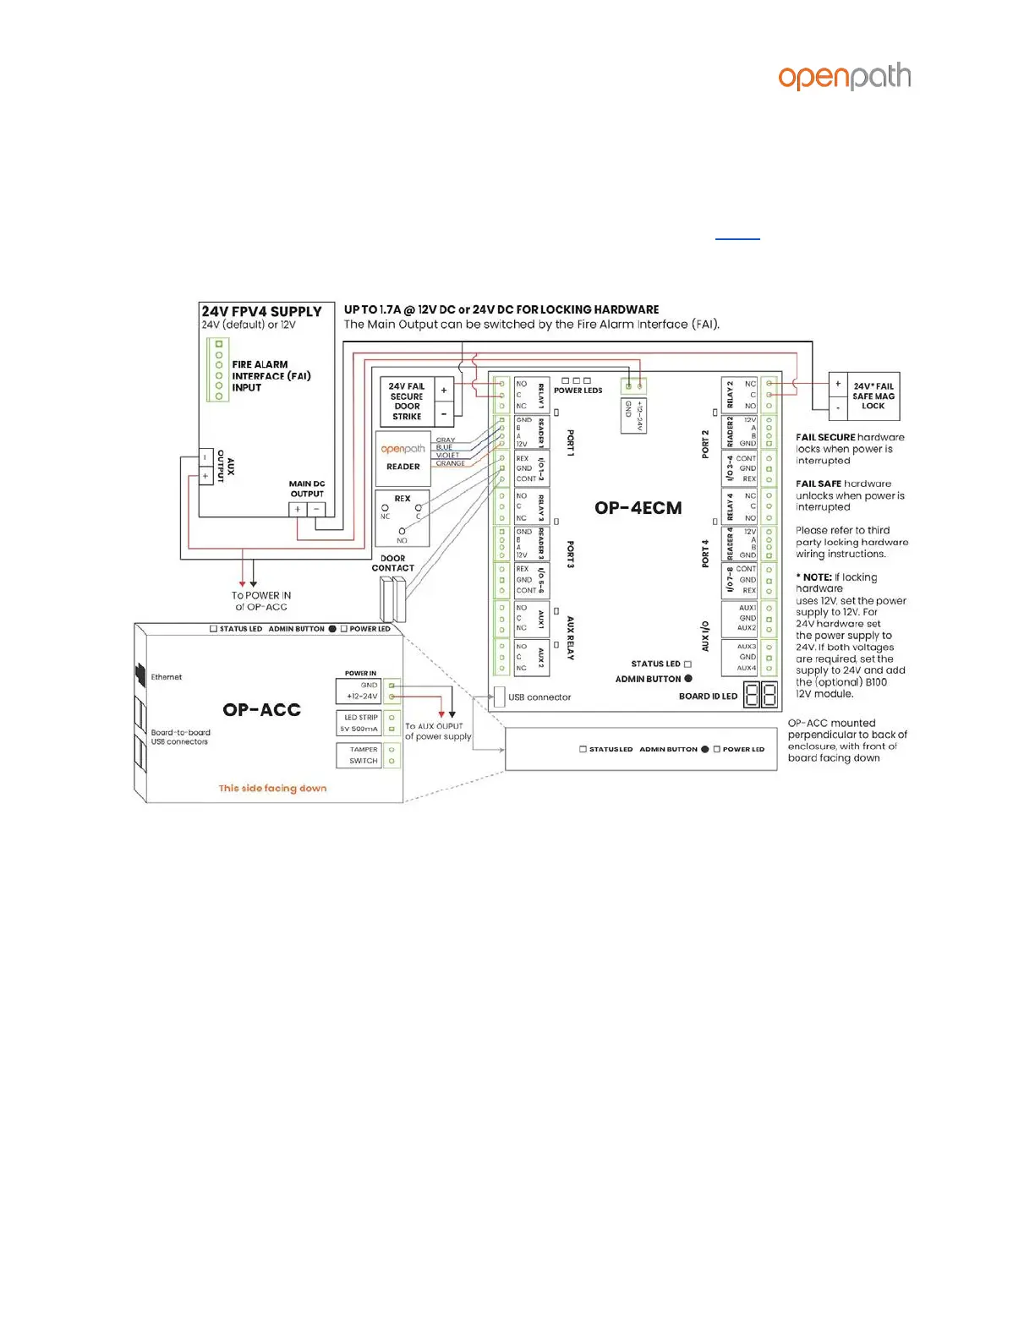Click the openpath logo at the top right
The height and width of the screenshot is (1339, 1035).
point(844,77)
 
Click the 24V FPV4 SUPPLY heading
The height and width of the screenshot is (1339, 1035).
point(261,312)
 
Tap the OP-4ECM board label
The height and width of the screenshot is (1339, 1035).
point(638,508)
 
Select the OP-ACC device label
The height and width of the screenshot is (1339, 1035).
point(261,710)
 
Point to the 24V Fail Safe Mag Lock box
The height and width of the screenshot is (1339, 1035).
point(873,396)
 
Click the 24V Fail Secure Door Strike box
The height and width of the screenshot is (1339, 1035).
point(407,402)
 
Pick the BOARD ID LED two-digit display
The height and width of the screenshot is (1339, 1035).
point(760,695)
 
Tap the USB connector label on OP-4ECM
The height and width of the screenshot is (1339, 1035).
point(539,697)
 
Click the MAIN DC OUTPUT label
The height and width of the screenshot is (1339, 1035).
point(307,489)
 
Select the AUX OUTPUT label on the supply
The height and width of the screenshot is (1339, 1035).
point(226,466)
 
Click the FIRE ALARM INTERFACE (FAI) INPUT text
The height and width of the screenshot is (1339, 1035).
point(271,376)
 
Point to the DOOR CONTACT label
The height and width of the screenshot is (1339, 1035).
point(392,563)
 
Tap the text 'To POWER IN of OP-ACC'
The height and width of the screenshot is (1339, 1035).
point(261,601)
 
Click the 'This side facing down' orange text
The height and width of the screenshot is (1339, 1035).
point(272,789)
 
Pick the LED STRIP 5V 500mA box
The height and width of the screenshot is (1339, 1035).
point(359,723)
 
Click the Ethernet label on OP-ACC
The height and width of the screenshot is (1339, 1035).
point(166,677)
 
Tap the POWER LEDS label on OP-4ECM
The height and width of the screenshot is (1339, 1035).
point(578,391)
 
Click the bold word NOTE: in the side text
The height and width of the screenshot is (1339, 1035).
point(817,577)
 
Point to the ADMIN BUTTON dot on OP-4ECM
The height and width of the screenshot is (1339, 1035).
point(688,679)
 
